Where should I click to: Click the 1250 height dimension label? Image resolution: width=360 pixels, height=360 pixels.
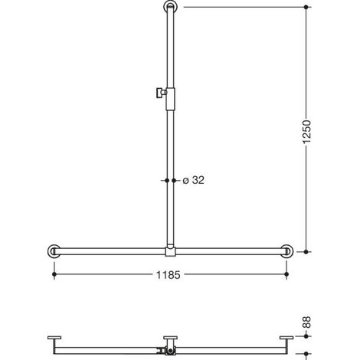[306, 132]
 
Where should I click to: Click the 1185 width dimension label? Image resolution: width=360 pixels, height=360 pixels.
[168, 275]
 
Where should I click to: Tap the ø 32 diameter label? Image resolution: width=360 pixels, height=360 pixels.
[194, 180]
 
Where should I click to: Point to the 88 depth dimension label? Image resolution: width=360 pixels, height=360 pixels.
[306, 322]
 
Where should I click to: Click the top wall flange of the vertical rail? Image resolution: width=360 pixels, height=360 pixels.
[170, 7]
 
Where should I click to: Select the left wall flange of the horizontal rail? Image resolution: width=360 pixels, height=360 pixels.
[54, 251]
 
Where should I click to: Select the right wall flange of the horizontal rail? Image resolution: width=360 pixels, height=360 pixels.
[286, 251]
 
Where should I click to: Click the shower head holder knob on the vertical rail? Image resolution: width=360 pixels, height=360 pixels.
[160, 93]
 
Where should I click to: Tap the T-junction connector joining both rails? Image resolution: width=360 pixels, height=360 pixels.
[170, 251]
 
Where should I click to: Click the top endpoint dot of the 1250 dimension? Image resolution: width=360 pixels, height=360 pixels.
[306, 7]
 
